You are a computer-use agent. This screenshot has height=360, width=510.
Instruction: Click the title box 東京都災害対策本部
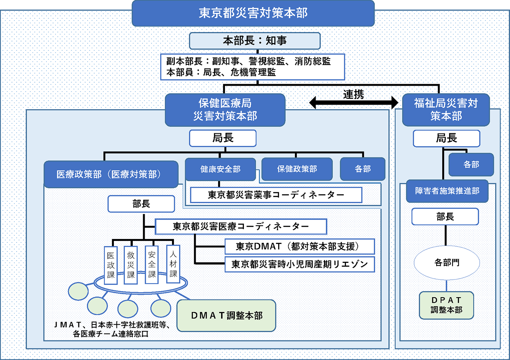(253, 13)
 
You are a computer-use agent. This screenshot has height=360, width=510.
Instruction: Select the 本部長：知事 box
(255, 41)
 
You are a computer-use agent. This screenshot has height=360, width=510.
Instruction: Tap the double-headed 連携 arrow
(354, 102)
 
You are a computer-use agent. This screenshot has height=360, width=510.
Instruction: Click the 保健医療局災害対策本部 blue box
(225, 110)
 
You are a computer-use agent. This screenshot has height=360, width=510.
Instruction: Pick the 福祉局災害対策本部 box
(446, 110)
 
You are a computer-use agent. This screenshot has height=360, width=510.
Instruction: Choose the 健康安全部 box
(220, 169)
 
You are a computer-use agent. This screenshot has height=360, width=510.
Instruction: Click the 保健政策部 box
(297, 169)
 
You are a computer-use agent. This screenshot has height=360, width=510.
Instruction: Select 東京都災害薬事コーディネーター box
(276, 195)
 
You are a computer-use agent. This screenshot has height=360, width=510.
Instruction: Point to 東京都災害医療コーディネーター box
(241, 227)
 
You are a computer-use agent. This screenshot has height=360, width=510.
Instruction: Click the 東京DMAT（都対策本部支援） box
(300, 247)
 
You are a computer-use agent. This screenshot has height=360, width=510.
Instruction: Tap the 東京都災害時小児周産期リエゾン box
(300, 264)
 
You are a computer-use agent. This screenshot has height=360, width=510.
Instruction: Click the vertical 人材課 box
(173, 264)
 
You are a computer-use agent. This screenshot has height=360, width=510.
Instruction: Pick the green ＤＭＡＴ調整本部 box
(226, 315)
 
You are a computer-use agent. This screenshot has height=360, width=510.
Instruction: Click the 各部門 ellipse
(446, 263)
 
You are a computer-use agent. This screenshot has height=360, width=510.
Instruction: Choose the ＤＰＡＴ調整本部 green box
(446, 305)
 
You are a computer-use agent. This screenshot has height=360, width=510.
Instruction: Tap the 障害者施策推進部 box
(447, 191)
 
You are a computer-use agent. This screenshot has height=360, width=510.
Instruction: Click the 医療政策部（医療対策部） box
(111, 174)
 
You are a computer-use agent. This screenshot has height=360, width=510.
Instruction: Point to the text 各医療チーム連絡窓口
(111, 335)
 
